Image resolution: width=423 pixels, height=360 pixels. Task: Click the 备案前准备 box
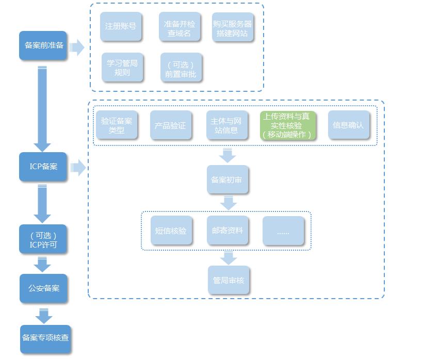43,45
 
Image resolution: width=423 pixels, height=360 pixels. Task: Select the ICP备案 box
43,167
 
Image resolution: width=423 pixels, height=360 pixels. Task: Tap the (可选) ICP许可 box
43,239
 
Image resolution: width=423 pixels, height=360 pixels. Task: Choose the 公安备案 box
44,288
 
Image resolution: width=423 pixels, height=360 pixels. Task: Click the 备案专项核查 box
45,338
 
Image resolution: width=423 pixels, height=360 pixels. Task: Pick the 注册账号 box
121,26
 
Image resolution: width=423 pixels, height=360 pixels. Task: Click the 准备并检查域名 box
180,28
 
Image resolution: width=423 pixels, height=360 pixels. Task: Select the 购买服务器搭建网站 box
233,28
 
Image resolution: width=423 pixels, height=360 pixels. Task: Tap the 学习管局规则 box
122,68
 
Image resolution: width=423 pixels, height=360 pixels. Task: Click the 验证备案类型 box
117,125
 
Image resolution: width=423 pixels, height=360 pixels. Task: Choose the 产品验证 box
170,125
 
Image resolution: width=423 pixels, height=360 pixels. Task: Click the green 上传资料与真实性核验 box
287,125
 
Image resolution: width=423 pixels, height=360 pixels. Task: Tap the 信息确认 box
349,125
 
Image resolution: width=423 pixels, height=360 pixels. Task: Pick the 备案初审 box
227,180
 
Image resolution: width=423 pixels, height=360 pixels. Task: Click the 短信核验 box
172,231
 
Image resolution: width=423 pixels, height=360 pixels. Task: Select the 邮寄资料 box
227,231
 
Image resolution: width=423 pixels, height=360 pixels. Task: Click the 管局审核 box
229,281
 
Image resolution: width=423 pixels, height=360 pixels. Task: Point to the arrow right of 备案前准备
77,48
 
